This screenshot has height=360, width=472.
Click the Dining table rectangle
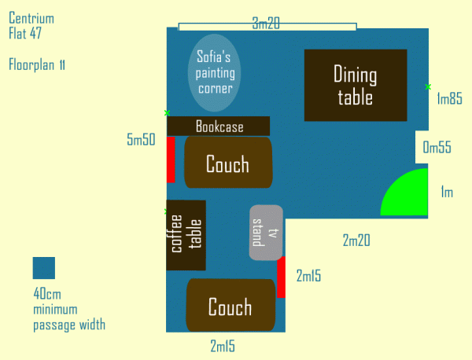[356, 86]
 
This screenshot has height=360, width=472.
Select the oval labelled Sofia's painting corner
[214, 73]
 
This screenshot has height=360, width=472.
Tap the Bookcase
[218, 126]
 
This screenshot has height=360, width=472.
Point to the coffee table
[186, 235]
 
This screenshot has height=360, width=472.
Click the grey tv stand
[266, 233]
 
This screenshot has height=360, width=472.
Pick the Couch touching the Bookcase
[228, 163]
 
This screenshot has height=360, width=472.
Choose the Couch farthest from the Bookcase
[230, 305]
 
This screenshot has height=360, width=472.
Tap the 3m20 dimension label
[266, 23]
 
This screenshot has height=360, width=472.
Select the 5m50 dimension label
[141, 140]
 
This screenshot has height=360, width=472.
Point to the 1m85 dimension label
[449, 99]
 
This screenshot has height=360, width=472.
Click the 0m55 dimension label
[437, 147]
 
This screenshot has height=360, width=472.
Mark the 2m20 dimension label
[356, 241]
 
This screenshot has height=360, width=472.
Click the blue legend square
[44, 268]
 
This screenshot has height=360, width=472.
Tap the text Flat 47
[25, 33]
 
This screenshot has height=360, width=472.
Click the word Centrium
[31, 18]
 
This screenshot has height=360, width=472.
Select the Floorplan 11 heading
[37, 64]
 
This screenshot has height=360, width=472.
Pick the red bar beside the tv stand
[281, 277]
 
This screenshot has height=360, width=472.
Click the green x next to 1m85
[428, 87]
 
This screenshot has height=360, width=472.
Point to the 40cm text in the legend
[47, 293]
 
